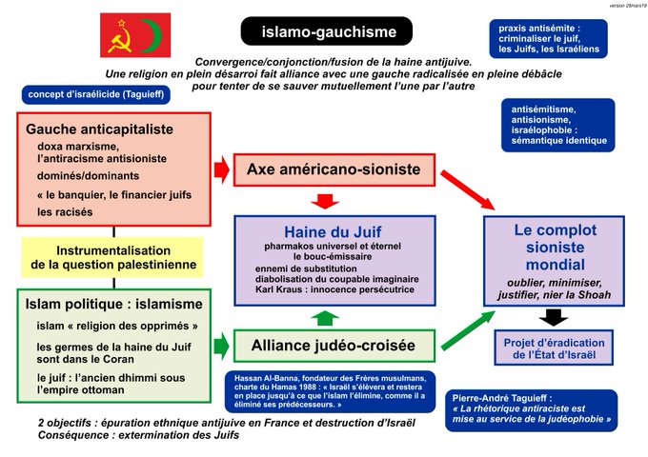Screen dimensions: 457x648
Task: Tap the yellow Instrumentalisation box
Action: coord(113,257)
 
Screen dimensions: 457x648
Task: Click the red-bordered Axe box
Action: coord(334,169)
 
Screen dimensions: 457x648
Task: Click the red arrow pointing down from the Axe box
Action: coord(327,201)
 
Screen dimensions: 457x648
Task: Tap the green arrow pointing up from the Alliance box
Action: coord(327,317)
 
